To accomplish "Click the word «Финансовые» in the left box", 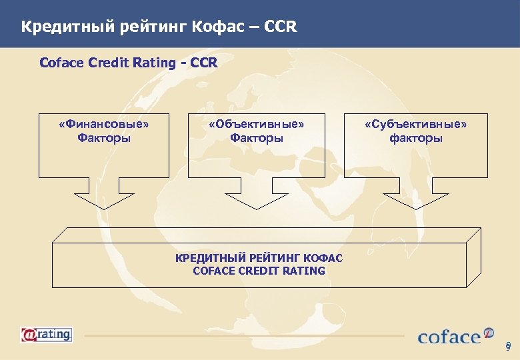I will pyautogui.click(x=103, y=124).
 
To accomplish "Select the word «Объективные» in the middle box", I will pyautogui.click(x=257, y=124).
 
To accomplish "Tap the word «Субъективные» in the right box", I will pyautogui.click(x=416, y=124).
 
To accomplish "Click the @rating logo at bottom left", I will pyautogui.click(x=46, y=334).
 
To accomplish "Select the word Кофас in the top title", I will pyautogui.click(x=219, y=27).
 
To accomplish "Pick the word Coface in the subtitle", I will pyautogui.click(x=62, y=63).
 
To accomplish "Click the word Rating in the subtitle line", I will pyautogui.click(x=155, y=63).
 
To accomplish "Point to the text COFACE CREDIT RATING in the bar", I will pyautogui.click(x=259, y=271).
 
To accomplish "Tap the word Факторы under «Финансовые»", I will pyautogui.click(x=103, y=138).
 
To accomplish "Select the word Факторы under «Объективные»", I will pyautogui.click(x=257, y=138).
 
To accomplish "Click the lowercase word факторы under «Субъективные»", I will pyautogui.click(x=416, y=138).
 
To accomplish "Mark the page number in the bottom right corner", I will pyautogui.click(x=508, y=346).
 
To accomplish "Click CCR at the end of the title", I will pyautogui.click(x=279, y=27).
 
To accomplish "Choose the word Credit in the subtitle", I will pyautogui.click(x=109, y=63).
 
